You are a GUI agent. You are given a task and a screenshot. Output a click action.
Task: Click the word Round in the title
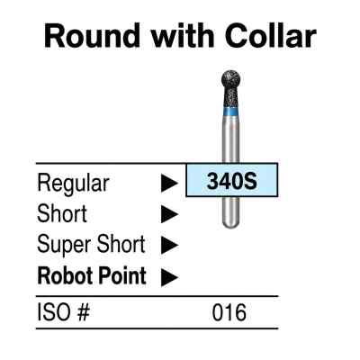pyautogui.click(x=93, y=35)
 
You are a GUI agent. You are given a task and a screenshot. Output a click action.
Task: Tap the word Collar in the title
pyautogui.click(x=270, y=35)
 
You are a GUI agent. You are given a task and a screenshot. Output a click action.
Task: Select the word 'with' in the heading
pyautogui.click(x=183, y=35)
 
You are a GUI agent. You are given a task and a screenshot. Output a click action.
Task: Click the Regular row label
pyautogui.click(x=73, y=184)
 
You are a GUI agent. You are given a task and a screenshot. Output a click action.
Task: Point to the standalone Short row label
pyautogui.click(x=62, y=213)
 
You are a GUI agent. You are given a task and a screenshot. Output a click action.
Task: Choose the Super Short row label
pyautogui.click(x=91, y=245)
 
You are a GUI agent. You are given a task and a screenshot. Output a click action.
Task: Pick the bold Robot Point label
pyautogui.click(x=92, y=275)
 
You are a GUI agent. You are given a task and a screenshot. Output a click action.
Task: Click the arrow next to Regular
pyautogui.click(x=169, y=184)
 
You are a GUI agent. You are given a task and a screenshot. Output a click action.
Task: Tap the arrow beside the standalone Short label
pyautogui.click(x=169, y=214)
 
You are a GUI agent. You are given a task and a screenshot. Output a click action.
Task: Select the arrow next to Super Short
pyautogui.click(x=169, y=245)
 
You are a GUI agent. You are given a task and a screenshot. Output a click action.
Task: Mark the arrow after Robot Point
pyautogui.click(x=169, y=277)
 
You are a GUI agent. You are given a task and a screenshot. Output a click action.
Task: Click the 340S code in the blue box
pyautogui.click(x=232, y=181)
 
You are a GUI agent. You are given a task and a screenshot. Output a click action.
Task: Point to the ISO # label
pyautogui.click(x=63, y=312)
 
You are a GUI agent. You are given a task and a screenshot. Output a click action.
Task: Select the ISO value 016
pyautogui.click(x=229, y=312)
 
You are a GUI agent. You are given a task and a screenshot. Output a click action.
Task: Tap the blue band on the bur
pyautogui.click(x=231, y=112)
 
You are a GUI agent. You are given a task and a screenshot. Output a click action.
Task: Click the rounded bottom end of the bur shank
pyautogui.click(x=230, y=222)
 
